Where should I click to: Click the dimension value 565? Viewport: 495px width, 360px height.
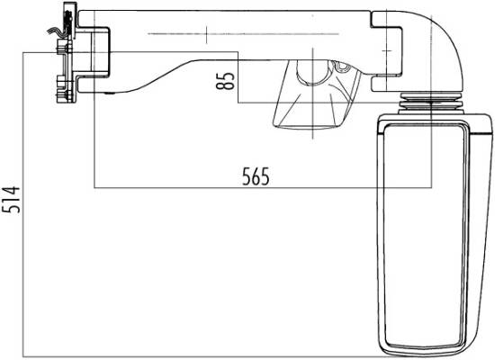click(256, 176)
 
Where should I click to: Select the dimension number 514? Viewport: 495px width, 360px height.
click(11, 200)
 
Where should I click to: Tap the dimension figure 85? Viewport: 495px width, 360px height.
click(225, 81)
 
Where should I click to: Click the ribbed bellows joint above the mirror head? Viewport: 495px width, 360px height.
click(431, 103)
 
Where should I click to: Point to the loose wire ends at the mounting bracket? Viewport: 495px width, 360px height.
click(55, 31)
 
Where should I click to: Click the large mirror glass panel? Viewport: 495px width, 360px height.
click(425, 235)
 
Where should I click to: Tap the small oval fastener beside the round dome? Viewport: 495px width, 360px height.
click(342, 67)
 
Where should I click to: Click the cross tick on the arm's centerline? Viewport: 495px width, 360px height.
click(207, 34)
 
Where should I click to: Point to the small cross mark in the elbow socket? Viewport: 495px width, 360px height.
click(388, 50)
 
